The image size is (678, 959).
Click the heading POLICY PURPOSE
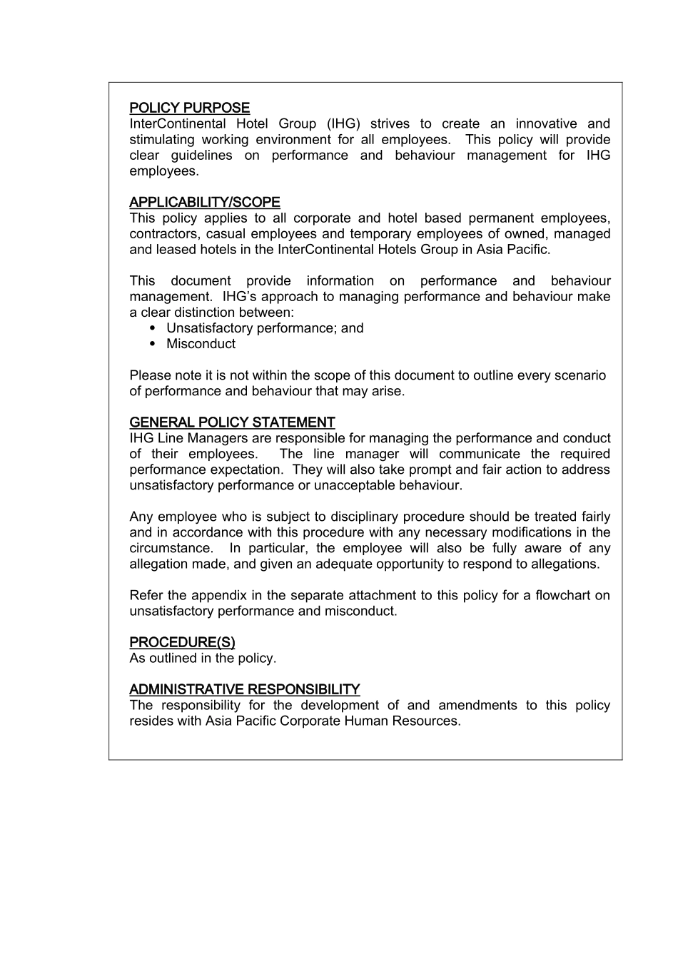pyautogui.click(x=190, y=108)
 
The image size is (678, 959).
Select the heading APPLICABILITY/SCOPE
pyautogui.click(x=205, y=202)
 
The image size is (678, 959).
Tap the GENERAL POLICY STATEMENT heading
pyautogui.click(x=232, y=422)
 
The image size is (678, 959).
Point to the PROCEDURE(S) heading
pyautogui.click(x=182, y=642)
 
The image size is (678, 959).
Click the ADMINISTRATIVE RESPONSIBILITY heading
pyautogui.click(x=245, y=689)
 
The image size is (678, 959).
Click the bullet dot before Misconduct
pyautogui.click(x=153, y=344)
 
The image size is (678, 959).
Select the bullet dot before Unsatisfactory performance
pyautogui.click(x=153, y=328)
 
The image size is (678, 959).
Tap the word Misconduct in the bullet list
pyautogui.click(x=201, y=344)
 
